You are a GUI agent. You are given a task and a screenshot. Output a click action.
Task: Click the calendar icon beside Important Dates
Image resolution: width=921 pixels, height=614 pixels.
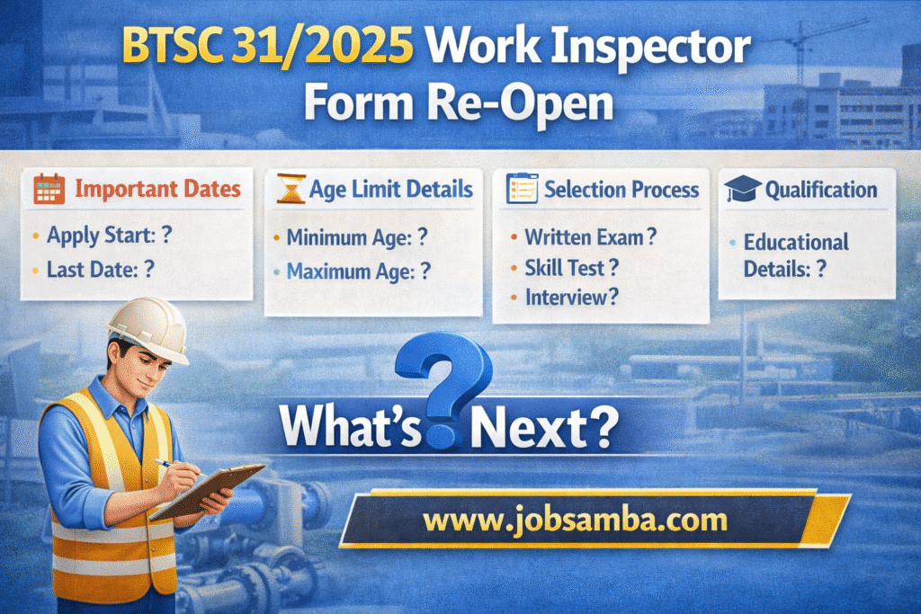click(x=49, y=190)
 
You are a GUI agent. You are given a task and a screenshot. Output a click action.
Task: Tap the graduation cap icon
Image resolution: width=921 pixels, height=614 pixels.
click(x=743, y=190)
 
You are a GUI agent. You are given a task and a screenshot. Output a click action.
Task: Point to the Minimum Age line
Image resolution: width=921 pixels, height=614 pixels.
click(x=355, y=238)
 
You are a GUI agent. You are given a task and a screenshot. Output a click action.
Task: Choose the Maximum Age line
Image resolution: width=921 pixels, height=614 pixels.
click(x=358, y=271)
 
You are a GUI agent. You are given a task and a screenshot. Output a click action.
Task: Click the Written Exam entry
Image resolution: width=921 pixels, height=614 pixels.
click(x=590, y=237)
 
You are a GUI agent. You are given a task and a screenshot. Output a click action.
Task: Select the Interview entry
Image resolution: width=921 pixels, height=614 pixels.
click(x=572, y=297)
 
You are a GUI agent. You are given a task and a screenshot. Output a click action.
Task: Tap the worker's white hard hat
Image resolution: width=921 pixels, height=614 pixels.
click(x=147, y=325)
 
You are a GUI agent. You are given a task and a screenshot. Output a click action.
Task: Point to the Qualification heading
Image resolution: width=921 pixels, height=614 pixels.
click(x=820, y=190)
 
